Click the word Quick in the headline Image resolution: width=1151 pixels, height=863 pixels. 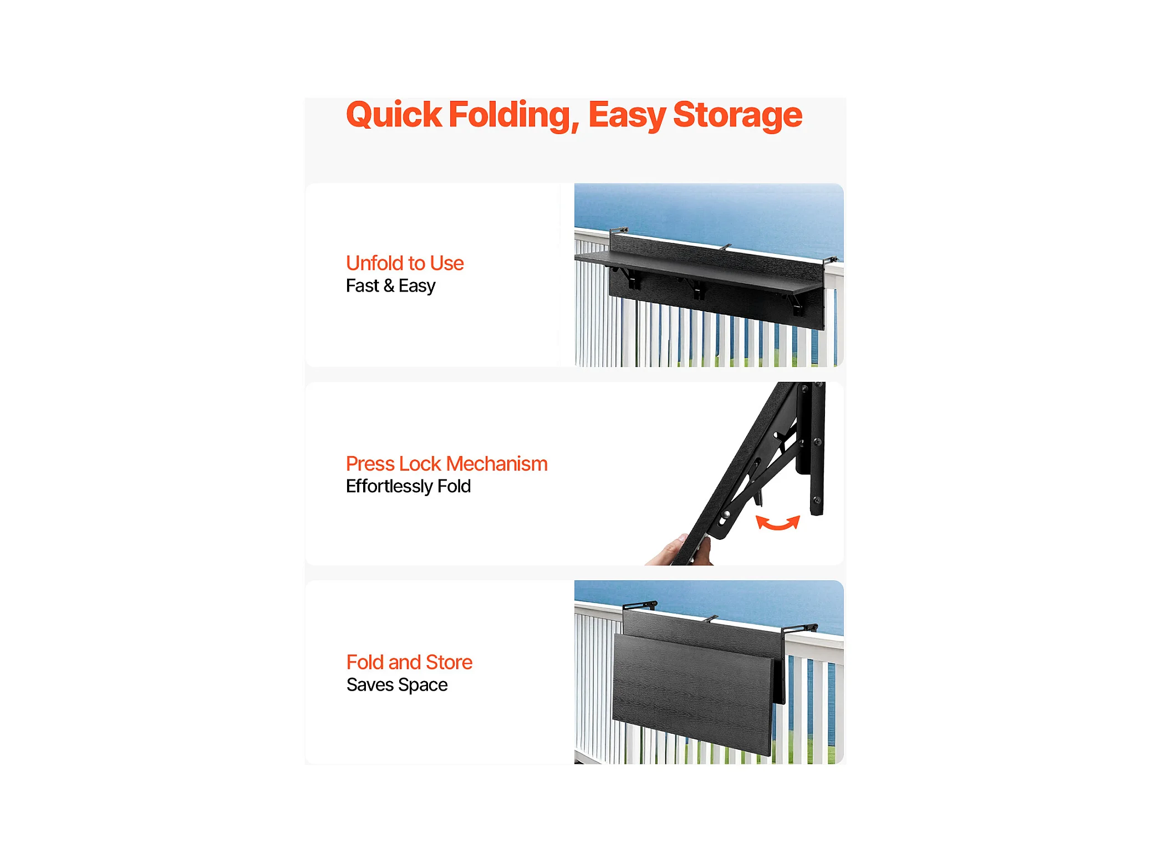tap(394, 115)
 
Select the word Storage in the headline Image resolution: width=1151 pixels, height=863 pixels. tap(737, 115)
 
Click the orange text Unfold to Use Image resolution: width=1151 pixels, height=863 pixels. tap(405, 263)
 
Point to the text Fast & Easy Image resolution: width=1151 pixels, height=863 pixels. tap(390, 286)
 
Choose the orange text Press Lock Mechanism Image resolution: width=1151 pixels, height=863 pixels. tap(446, 464)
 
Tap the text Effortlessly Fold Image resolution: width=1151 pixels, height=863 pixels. tap(408, 487)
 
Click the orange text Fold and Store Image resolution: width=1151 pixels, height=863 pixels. tap(409, 662)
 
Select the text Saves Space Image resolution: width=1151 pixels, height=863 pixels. tap(397, 685)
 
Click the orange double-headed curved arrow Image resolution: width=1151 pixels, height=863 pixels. tap(778, 523)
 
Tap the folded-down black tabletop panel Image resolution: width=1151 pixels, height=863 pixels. tap(693, 693)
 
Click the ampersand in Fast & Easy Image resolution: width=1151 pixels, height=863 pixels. tap(389, 286)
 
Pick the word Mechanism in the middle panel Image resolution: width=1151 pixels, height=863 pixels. tap(497, 464)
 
